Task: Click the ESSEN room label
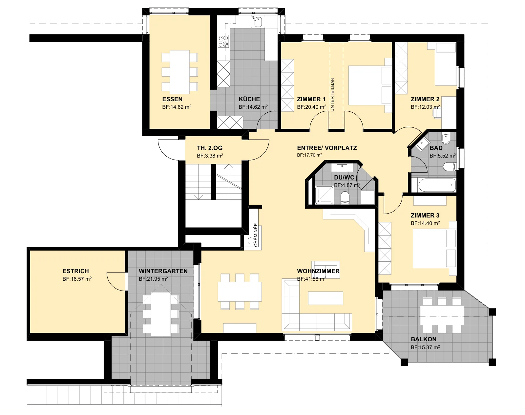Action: coord(172,99)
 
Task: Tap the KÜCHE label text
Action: coord(249,99)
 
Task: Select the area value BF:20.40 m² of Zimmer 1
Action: coord(311,107)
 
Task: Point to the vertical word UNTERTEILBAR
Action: coord(332,94)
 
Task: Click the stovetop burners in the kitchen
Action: coord(223,41)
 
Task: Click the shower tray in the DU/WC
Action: coord(324,195)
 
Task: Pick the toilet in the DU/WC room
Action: coord(345,198)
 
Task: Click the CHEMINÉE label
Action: coord(256,235)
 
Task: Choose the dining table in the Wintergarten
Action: coord(160,314)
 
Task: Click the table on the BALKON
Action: coord(442,315)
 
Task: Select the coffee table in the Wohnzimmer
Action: coord(325,298)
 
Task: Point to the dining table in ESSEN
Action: coord(180,72)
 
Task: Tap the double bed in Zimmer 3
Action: coord(434,248)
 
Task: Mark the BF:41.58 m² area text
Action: coord(311,279)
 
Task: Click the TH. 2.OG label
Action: coord(210,148)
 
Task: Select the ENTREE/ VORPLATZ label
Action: coord(327,148)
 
